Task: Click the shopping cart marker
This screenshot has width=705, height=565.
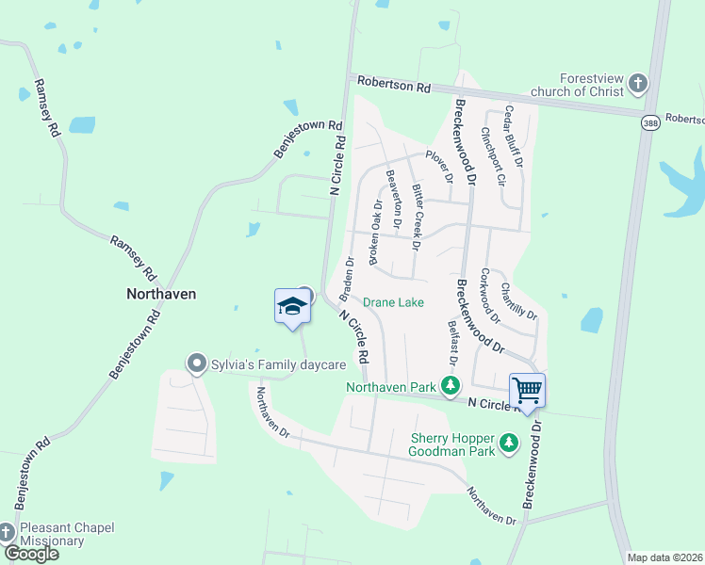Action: tap(527, 388)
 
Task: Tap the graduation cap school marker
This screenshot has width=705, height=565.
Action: tap(292, 306)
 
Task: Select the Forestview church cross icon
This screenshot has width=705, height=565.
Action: tap(638, 84)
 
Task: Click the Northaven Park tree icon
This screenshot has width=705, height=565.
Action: tap(451, 386)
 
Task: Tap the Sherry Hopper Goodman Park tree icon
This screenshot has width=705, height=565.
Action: tap(509, 443)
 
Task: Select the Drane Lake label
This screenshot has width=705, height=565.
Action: tap(394, 302)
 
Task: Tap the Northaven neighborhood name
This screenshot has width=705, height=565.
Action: tap(161, 294)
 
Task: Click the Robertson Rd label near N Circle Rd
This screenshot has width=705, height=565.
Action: tap(393, 85)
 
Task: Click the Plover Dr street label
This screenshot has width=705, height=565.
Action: tap(439, 166)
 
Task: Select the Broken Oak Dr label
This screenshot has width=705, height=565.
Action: tap(374, 232)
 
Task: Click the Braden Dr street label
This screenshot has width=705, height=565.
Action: tap(349, 273)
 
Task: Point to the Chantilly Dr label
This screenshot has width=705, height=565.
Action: tap(519, 300)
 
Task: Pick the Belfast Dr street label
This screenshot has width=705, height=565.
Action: tap(452, 343)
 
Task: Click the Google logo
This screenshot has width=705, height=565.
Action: tap(31, 554)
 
